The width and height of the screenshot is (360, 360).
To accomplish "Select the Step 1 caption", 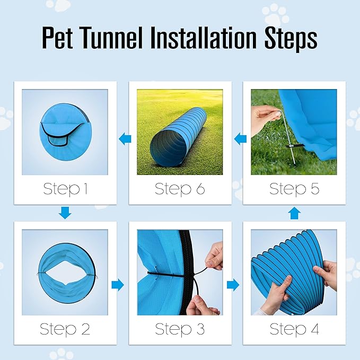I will point(65,188).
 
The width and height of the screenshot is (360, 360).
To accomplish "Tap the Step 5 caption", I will point(294,188).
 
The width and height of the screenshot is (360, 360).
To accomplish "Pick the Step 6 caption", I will point(180,188).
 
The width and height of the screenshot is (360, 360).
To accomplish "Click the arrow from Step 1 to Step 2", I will point(65,213).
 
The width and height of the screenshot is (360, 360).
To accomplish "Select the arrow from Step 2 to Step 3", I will point(118,285).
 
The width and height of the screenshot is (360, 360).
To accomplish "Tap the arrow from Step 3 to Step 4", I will point(233,285).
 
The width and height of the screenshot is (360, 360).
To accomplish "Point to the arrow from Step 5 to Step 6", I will point(241,139).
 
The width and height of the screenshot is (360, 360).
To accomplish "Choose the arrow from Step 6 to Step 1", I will point(125,139).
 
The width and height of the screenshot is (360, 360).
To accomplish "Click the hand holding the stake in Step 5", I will point(264,118).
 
